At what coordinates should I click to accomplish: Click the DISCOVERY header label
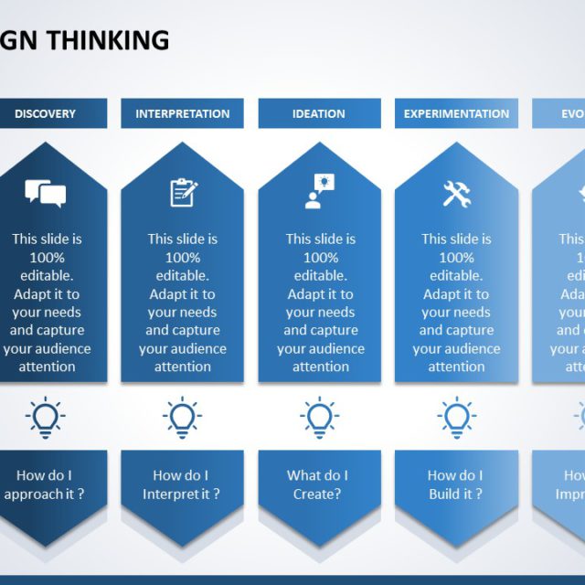(45, 114)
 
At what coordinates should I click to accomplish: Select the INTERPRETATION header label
(183, 114)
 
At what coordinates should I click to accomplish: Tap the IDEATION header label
(319, 114)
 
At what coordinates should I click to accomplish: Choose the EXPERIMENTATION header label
(456, 114)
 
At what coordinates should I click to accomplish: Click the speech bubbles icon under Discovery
(45, 193)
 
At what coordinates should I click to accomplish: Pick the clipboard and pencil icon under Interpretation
(183, 192)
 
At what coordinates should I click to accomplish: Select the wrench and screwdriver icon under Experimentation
(456, 192)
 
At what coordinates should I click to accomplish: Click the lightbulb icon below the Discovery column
(45, 418)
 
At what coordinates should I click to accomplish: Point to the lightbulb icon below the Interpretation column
(183, 418)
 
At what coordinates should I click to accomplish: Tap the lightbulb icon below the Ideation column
(319, 418)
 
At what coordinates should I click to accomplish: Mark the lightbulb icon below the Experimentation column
(456, 418)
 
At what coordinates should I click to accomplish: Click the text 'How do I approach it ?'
(45, 484)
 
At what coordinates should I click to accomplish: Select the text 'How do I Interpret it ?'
(181, 484)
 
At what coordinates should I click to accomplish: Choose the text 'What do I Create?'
(318, 484)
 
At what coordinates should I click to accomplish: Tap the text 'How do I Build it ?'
(455, 484)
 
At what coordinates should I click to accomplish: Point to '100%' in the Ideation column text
(320, 258)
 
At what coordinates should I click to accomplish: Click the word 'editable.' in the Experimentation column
(456, 276)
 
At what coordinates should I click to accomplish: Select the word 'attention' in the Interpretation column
(183, 367)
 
